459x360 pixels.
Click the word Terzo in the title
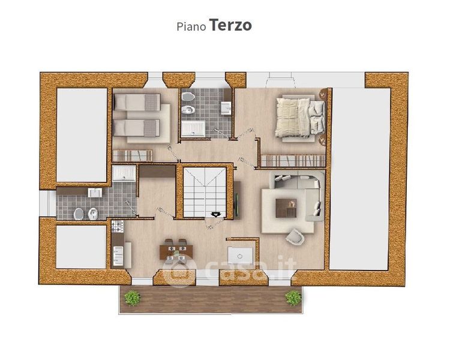pos(230,25)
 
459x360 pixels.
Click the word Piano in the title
pos(191,26)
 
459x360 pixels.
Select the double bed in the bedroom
pos(301,118)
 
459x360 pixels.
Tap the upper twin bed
pos(137,102)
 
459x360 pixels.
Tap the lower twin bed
pos(137,128)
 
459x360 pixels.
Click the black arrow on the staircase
pos(216,215)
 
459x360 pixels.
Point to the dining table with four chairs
pos(176,250)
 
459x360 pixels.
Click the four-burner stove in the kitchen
pos(118,226)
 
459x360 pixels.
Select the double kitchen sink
pos(118,256)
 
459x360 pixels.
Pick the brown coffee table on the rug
pos(286,208)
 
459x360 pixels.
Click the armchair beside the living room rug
pos(295,236)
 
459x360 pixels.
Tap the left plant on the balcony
pos(133,298)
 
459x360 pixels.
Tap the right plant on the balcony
pos(293,298)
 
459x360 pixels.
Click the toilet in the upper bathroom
pos(188,97)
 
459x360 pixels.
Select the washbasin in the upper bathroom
pos(226,108)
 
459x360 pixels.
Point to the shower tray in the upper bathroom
pos(193,129)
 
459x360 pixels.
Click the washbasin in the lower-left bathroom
pos(95,193)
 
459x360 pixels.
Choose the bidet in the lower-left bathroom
pos(93,214)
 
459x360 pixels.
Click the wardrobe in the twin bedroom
pos(133,156)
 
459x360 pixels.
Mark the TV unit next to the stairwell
pos(237,200)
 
